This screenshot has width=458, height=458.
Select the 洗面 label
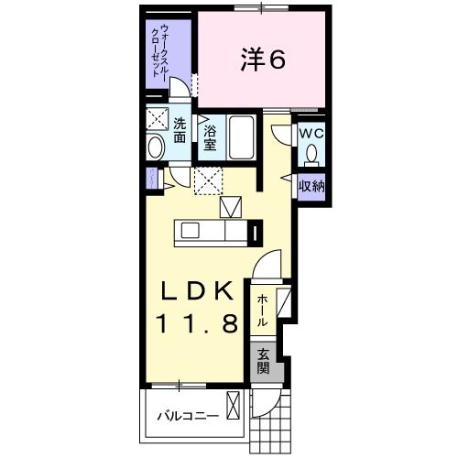(180, 129)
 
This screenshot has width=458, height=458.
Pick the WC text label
(311, 131)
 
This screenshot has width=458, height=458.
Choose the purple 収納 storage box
(311, 185)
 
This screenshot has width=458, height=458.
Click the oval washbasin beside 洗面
(154, 146)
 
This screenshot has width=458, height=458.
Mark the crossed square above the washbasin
(157, 119)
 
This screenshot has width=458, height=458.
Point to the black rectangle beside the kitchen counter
(256, 232)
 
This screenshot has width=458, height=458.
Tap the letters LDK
(202, 291)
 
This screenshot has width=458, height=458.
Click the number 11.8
(202, 322)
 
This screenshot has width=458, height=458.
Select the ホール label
(262, 310)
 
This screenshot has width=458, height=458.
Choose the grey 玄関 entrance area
(263, 362)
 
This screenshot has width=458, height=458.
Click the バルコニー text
(186, 416)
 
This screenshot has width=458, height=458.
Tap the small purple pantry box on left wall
(149, 179)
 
